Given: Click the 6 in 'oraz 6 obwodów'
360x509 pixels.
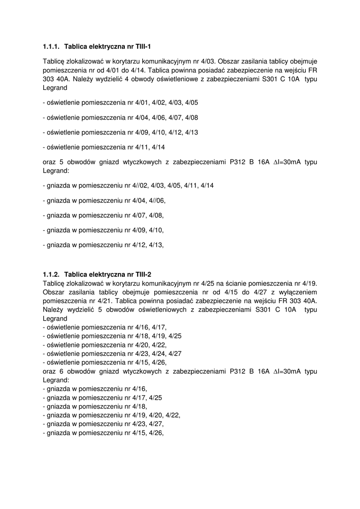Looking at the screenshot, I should click(x=62, y=371).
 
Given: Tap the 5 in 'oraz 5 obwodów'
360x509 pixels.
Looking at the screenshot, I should click(x=62, y=162).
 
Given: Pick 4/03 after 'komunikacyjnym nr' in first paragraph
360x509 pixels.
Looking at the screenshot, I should click(x=207, y=61).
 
